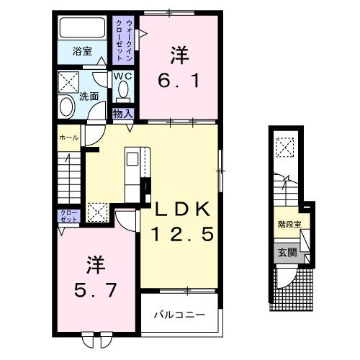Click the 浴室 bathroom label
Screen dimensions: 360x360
point(83,51)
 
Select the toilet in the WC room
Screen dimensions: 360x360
point(122,90)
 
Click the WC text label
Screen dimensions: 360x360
point(121,76)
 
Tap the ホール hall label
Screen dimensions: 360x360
point(69,136)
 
